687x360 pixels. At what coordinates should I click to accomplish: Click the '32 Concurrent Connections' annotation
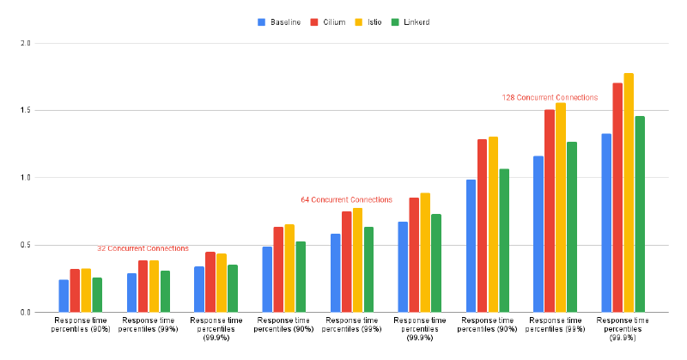point(143,248)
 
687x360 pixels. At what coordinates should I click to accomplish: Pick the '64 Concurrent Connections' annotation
point(346,199)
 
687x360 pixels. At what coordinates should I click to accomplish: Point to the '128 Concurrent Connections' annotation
point(550,98)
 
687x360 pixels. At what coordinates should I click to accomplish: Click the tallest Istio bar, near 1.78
point(629,192)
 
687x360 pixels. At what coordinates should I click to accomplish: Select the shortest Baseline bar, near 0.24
point(64,296)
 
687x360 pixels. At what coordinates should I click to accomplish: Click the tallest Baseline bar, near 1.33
point(606,223)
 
